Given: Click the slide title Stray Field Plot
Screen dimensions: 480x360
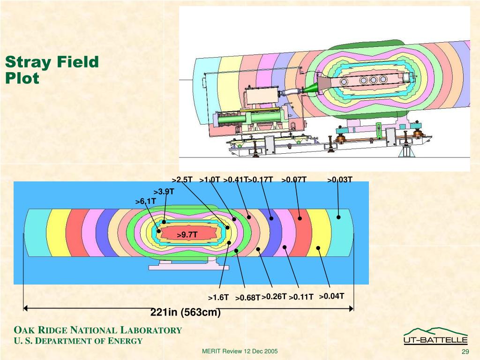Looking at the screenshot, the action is point(52,70).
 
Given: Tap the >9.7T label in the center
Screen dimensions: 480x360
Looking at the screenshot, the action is point(187,235).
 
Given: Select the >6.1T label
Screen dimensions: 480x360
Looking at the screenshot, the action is point(145,201).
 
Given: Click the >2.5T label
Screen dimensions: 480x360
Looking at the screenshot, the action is point(182,180).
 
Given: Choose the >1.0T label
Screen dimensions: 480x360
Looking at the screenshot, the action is point(210,180).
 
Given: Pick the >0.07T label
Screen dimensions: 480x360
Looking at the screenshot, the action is point(294,180).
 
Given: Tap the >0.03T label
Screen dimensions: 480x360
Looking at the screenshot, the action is point(340,180).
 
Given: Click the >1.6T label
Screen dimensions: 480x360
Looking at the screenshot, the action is point(218,298).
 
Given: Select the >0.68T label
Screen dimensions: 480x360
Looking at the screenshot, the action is point(247,298).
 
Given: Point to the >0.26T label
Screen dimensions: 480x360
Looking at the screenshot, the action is point(274,296).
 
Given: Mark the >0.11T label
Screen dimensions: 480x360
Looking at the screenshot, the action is point(301,297).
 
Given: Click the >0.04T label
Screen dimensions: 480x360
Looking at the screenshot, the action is point(332,296).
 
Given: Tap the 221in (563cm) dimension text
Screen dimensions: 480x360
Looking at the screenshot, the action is point(186,312).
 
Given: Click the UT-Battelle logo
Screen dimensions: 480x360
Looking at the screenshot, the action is point(435,336).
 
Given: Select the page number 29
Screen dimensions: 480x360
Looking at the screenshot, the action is point(465,352).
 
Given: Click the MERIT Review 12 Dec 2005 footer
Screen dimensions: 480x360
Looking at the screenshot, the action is point(240,352).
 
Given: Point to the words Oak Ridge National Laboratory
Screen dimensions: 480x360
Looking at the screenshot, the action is point(97,330).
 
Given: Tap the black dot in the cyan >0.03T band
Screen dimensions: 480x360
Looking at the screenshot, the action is point(338,217).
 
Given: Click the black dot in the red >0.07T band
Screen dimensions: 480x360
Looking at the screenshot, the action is point(300,218).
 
